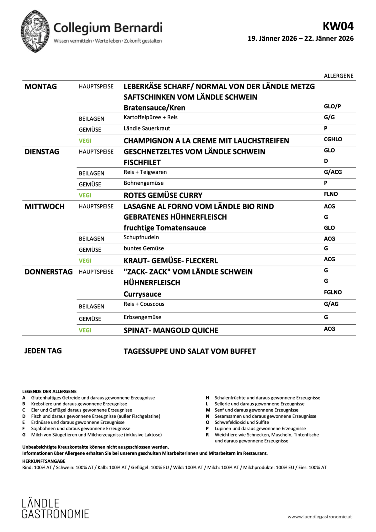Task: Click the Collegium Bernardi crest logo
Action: click(35, 31)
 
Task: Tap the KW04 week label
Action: click(338, 26)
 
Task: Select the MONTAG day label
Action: click(41, 86)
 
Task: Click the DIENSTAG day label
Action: click(42, 152)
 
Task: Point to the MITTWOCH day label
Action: click(44, 206)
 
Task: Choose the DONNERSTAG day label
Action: click(48, 272)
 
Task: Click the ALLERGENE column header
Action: click(338, 76)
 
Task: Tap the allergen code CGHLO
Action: click(333, 139)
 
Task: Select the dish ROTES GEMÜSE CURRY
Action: click(163, 195)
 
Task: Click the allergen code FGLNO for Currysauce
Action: click(333, 292)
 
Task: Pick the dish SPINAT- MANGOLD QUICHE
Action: click(171, 330)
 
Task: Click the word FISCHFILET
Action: click(142, 162)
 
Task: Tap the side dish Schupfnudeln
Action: click(141, 237)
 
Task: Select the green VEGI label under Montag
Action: click(85, 141)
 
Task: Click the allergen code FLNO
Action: click(331, 194)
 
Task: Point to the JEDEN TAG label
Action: click(43, 351)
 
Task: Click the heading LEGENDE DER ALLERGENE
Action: click(49, 391)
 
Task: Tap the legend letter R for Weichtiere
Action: click(207, 435)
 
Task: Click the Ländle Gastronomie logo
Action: click(55, 508)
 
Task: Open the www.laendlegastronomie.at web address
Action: click(319, 517)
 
